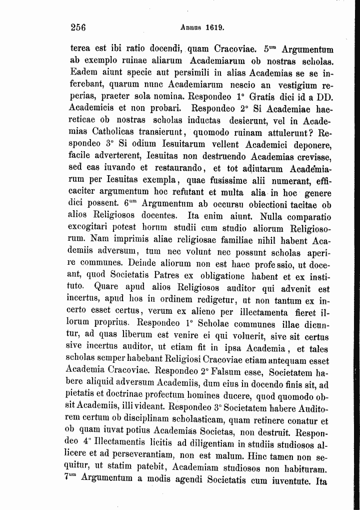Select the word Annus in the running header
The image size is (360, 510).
coord(190,28)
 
